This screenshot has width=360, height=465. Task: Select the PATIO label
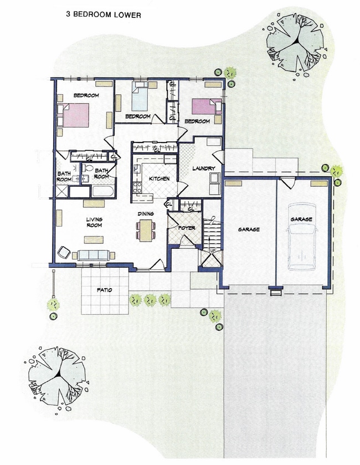click(104, 290)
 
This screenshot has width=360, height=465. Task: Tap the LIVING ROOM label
click(94, 222)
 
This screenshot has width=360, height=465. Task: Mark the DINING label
click(146, 213)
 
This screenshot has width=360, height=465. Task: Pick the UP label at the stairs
click(212, 251)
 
